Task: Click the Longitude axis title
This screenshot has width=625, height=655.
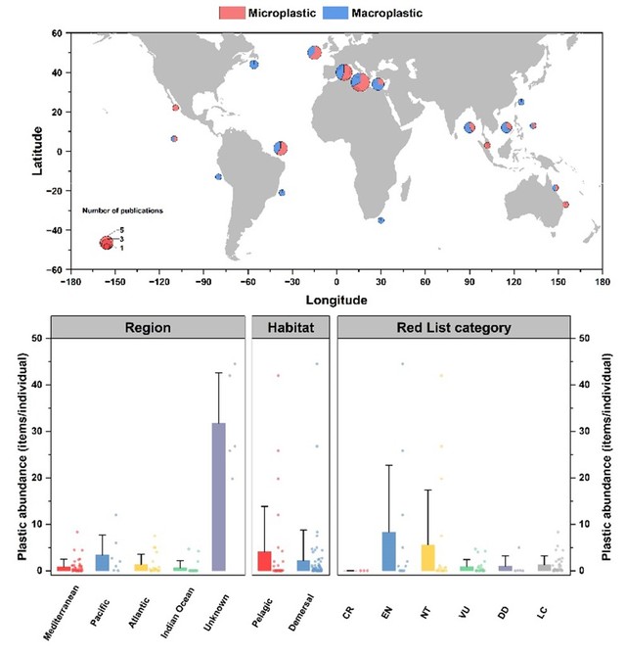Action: click(x=336, y=300)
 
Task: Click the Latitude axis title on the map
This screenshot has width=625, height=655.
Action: click(x=38, y=151)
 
